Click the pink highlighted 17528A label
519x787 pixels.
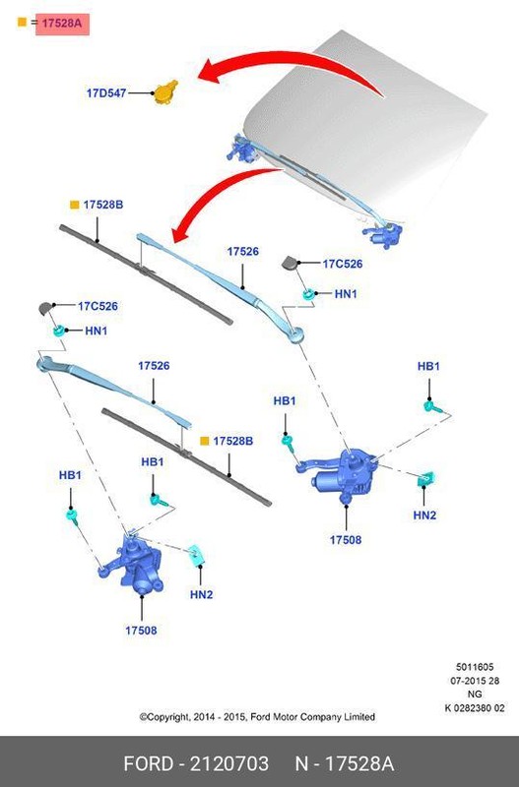(x=62, y=24)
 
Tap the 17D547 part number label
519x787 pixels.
(x=106, y=92)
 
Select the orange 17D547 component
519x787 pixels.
(x=165, y=92)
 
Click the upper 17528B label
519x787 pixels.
(x=103, y=205)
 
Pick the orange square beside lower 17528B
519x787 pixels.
(x=205, y=441)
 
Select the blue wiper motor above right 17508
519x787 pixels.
(x=343, y=474)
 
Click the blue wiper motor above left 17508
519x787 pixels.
(x=133, y=565)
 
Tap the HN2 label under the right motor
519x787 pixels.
(x=424, y=515)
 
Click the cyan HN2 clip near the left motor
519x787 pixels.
(x=196, y=555)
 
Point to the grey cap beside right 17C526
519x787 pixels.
(x=290, y=263)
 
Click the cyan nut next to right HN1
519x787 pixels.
(x=309, y=293)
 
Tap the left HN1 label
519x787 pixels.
(x=96, y=331)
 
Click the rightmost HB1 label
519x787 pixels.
(x=428, y=366)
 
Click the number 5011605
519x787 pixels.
(x=475, y=667)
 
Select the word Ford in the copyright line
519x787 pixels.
(x=261, y=717)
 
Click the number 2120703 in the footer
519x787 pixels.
(x=228, y=763)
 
